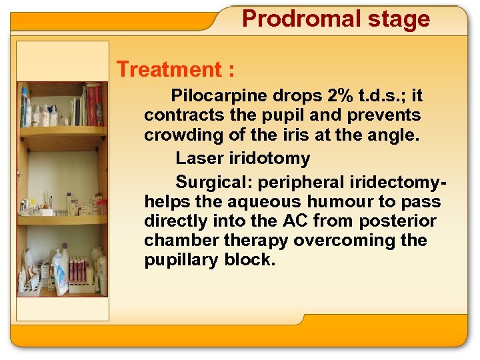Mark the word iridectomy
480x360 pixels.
pyautogui.click(x=394, y=182)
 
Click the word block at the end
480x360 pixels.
pyautogui.click(x=248, y=260)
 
